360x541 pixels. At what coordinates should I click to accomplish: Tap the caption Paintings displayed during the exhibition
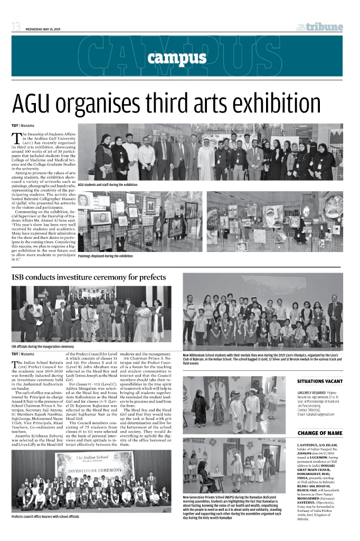105,256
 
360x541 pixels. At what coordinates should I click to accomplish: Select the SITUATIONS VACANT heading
319,381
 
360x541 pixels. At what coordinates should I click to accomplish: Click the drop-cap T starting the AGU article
16,139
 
